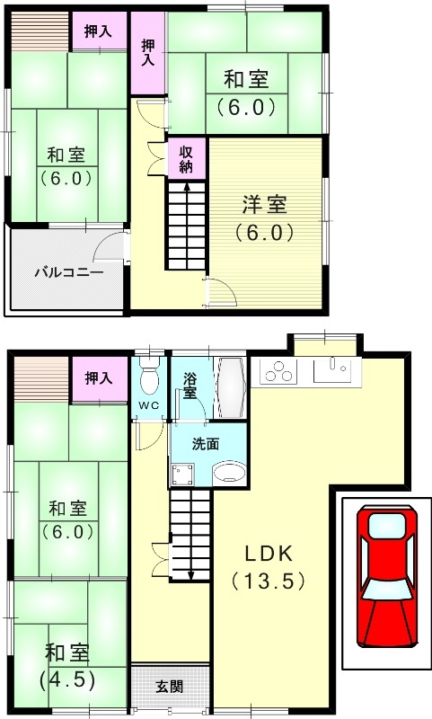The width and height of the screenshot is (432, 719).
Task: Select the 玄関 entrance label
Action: coord(169,687)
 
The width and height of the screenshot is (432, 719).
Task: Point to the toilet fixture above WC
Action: coord(149,377)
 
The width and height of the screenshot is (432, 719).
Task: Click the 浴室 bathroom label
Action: coord(190,386)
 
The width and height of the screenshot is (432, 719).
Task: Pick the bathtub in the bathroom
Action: coord(230,386)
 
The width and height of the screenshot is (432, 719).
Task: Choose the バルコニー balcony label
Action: coord(69,271)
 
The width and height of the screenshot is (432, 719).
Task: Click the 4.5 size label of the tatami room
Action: coord(66,679)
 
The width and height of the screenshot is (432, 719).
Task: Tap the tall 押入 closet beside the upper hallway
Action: coord(148,51)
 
